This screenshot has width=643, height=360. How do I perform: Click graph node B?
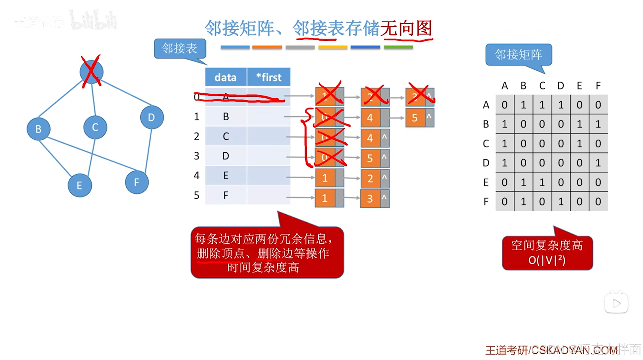38,129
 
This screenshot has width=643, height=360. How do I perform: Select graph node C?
95,128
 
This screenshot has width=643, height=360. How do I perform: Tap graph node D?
152,117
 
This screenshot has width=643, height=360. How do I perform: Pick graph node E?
79,185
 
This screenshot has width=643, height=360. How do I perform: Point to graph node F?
137,182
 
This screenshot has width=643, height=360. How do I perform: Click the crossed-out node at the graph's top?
91,72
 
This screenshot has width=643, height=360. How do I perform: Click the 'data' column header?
225,77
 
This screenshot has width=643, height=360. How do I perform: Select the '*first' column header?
269,77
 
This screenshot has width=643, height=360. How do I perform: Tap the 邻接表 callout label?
180,48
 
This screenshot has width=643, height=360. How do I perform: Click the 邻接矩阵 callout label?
518,55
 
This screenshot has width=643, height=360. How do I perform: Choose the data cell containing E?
226,175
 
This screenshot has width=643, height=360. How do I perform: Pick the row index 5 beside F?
197,195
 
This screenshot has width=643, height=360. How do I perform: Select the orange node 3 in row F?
370,199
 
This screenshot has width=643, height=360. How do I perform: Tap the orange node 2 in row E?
370,178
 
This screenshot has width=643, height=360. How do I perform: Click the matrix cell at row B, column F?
598,124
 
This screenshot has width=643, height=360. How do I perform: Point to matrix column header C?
542,86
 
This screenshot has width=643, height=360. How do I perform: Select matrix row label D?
486,163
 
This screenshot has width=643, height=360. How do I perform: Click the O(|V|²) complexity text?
547,260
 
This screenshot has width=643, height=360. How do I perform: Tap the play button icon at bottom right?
616,303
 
